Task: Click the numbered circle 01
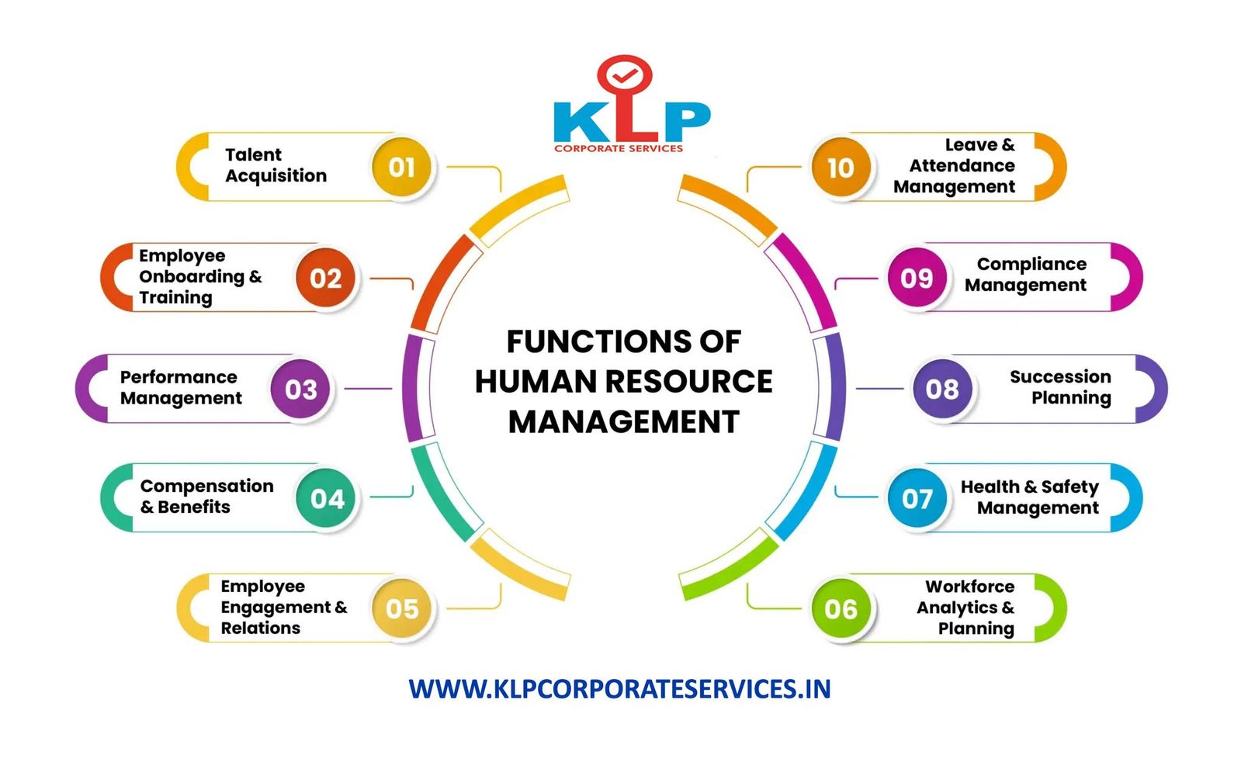[x=401, y=167]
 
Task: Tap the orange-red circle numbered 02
[x=325, y=278]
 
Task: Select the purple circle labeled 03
[x=300, y=389]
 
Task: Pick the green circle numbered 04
[x=327, y=498]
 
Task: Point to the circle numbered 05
[x=401, y=608]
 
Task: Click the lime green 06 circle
[x=841, y=608]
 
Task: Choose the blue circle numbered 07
[x=917, y=498]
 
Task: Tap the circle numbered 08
[x=941, y=389]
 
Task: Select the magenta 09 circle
[x=917, y=278]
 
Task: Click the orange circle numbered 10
[x=841, y=167]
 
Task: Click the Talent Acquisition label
[x=276, y=165]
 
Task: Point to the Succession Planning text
[x=1060, y=387]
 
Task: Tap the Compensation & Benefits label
[x=206, y=497]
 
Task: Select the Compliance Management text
[x=1025, y=275]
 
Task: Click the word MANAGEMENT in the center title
[x=623, y=422]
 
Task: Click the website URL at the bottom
[x=619, y=689]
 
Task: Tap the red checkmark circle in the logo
[x=624, y=75]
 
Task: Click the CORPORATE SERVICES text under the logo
[x=619, y=148]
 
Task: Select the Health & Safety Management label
[x=1030, y=497]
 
